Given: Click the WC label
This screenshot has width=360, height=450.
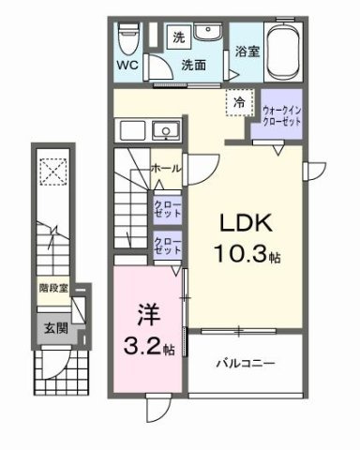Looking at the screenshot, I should click(x=127, y=67).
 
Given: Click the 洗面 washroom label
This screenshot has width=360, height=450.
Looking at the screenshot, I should click(x=194, y=67).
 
